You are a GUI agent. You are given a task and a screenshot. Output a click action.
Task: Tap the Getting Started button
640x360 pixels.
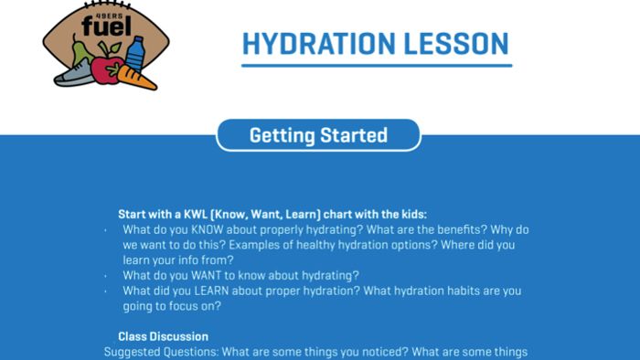coord(318,135)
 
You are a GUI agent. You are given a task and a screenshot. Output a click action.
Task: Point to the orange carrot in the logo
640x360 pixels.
coord(138,77)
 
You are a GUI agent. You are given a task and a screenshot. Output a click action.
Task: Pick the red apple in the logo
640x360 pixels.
coord(108,70)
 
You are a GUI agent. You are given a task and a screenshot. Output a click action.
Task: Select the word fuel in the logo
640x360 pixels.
coord(99,28)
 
